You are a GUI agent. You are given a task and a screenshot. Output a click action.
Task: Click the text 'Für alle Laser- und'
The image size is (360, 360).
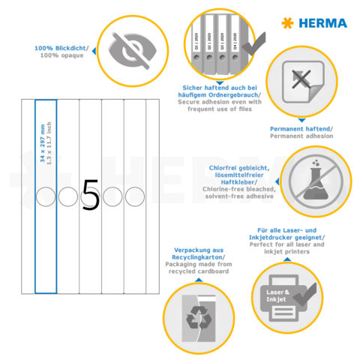pyautogui.click(x=286, y=232)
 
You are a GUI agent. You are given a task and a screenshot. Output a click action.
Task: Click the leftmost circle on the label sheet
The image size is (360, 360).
pyautogui.click(x=45, y=196)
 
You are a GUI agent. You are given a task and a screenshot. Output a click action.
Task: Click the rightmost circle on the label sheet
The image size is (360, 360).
pyautogui.click(x=134, y=196)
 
